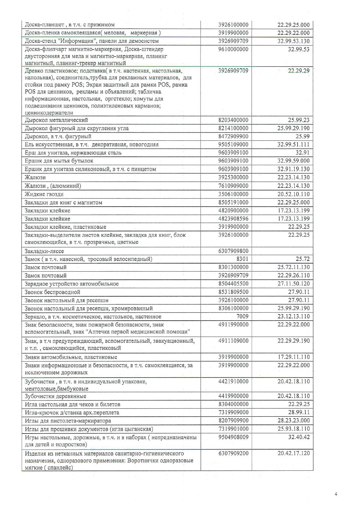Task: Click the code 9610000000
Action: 233,49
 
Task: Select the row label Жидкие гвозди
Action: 44,194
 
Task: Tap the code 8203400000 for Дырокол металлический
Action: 233,120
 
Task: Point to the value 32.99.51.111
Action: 293,145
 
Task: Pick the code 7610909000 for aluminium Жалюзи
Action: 233,186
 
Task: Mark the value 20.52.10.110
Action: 293,194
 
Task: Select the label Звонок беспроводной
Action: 52,292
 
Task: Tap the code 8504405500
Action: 233,284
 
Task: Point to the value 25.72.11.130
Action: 293,267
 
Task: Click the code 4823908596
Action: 233,219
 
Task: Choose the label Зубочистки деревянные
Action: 55,396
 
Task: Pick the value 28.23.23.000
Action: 293,420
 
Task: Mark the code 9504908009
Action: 233,437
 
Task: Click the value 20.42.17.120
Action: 293,453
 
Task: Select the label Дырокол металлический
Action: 56,120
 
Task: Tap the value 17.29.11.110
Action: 293,357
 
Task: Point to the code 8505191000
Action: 233,202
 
